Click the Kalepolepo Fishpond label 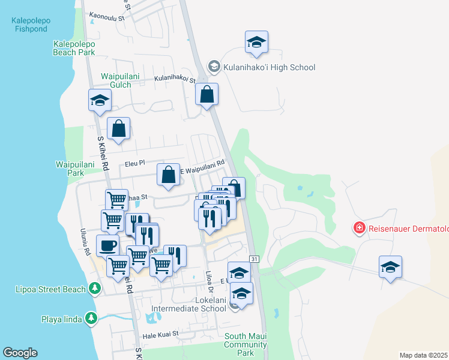point(31,24)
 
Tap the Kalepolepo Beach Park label point(74,48)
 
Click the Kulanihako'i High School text point(269,67)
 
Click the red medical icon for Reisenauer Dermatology point(359,228)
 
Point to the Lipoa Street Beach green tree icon point(94,289)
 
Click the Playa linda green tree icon point(91,318)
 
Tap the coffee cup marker point(108,245)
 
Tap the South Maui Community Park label point(245,344)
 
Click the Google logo point(20,353)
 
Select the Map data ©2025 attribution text point(423,355)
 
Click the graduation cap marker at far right point(390,267)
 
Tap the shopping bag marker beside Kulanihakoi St point(206,94)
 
